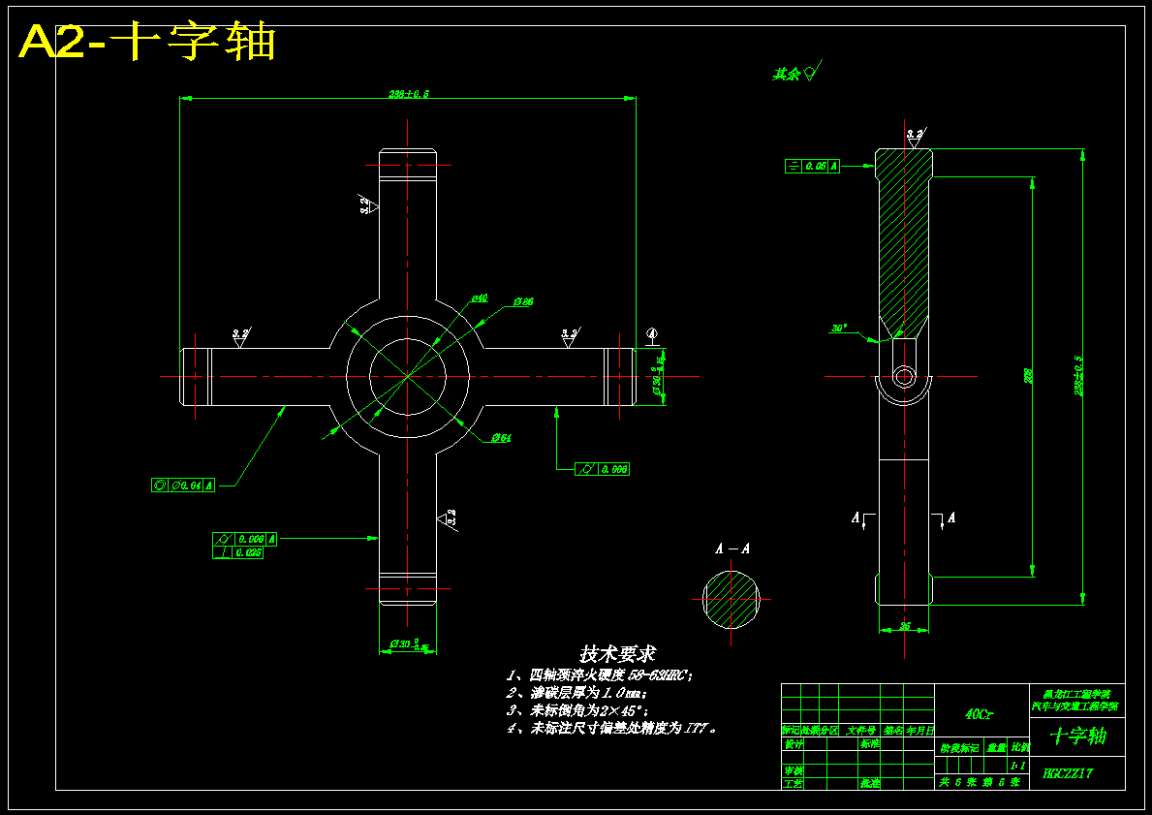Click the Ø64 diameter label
500,438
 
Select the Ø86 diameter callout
522,302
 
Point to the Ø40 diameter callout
480,298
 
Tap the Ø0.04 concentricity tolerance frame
183,485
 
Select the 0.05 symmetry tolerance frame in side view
812,166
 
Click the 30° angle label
839,328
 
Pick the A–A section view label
732,549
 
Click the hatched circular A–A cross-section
732,598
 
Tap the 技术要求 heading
617,654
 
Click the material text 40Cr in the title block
979,714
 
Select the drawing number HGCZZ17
1068,773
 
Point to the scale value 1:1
1017,765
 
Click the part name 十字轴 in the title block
1077,737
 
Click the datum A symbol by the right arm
652,335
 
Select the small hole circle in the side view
904,376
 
